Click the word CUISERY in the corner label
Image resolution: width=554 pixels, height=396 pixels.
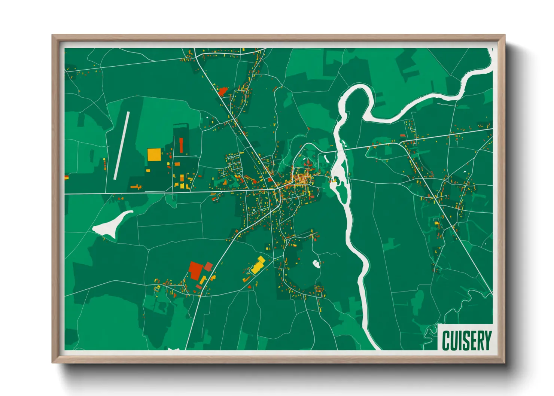coord(466,340)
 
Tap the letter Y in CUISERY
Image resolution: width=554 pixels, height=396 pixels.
coord(487,340)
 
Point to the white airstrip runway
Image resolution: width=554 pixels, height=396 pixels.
coord(122,145)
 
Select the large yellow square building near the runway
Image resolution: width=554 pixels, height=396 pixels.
coord(154,155)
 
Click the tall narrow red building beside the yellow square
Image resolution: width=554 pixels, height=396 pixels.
coord(181,145)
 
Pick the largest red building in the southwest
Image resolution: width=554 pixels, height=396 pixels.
coord(195,270)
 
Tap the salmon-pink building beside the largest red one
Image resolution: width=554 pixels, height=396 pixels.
coord(208,266)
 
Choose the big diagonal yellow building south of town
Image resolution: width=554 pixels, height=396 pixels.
coord(258,265)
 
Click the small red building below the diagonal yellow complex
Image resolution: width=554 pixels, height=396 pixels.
coord(249,287)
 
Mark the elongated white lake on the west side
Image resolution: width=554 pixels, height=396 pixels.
coord(112,224)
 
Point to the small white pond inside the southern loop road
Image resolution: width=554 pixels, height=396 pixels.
coord(316,264)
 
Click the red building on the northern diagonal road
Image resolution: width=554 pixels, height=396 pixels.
coord(223,91)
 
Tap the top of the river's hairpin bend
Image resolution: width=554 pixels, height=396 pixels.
coord(354,88)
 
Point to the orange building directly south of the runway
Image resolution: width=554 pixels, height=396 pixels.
coord(135,186)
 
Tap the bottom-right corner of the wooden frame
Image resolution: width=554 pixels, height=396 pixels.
coord(505,363)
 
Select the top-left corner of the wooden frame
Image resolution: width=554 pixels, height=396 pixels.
coord(52,35)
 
